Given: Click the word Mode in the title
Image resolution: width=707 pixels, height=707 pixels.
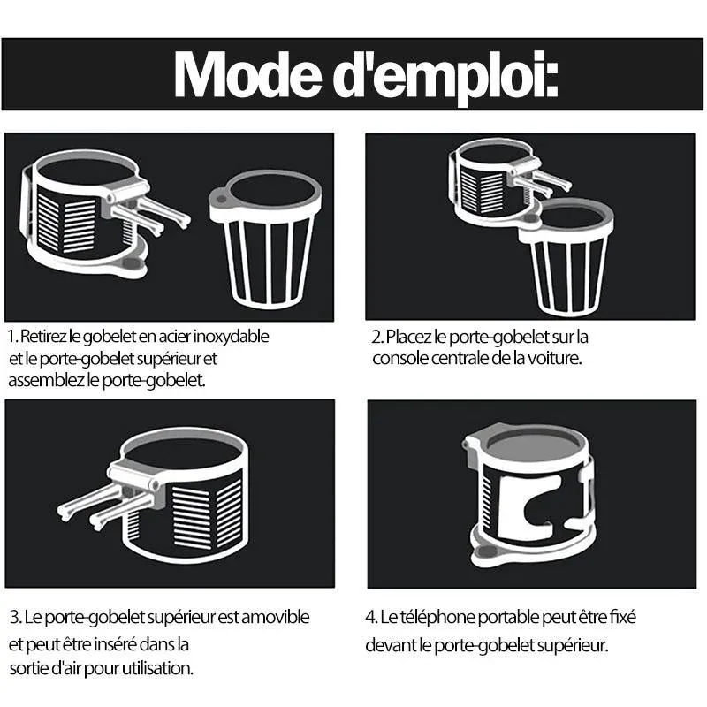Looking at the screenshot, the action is (x=247, y=74).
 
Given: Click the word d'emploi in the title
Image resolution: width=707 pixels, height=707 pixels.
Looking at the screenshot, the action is (x=445, y=78).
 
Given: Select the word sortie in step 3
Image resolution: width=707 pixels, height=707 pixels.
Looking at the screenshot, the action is (x=29, y=668).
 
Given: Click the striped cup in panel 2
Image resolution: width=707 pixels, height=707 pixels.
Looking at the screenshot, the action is (x=566, y=257).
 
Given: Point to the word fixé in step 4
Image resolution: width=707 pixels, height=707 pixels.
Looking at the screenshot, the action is (x=623, y=617).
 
